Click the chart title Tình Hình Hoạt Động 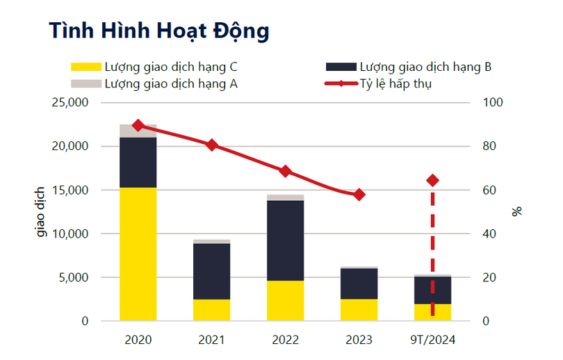[158, 31]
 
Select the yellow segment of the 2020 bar [138, 254]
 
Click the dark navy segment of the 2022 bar [285, 240]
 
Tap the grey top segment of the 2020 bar [138, 131]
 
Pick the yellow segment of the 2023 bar [359, 310]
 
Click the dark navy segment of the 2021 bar [211, 271]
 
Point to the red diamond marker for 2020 [138, 125]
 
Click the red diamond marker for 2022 [285, 171]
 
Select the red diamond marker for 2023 [359, 195]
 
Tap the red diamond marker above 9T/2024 [432, 180]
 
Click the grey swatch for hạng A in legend [85, 84]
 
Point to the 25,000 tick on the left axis [70, 103]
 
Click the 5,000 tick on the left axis [72, 277]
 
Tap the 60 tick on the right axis [490, 190]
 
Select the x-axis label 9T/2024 [432, 340]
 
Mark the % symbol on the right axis [516, 212]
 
